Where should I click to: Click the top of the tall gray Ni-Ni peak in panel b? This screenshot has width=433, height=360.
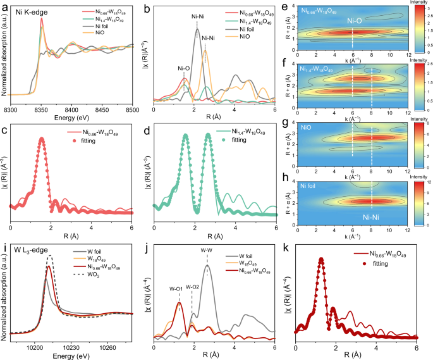(197, 29)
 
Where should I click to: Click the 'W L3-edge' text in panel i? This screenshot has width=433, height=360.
(34, 256)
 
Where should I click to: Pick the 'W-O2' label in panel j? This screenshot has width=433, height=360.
(192, 287)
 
